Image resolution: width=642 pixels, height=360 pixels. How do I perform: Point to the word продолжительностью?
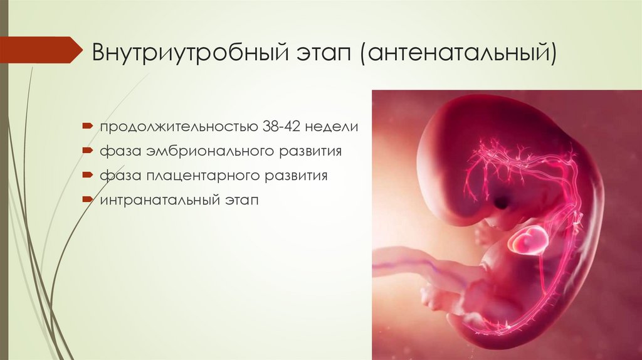[x=175, y=127]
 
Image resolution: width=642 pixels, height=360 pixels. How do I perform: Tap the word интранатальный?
[x=155, y=201]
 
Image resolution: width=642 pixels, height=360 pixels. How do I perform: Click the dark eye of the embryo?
[x=502, y=202]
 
